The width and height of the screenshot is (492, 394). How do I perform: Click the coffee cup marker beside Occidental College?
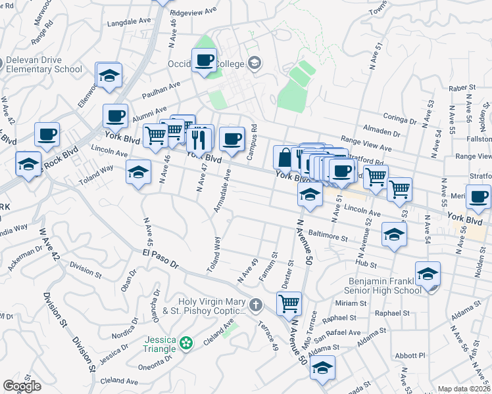[204, 61]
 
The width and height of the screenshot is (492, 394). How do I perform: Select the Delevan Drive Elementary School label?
[43, 64]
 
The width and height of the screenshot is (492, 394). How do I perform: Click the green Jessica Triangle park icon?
[187, 342]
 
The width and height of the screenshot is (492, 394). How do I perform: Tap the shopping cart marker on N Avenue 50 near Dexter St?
[289, 303]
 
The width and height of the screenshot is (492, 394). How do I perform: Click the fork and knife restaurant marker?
[199, 138]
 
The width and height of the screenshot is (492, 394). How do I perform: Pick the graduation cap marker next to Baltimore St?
[394, 234]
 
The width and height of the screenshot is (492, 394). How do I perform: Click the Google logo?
[22, 386]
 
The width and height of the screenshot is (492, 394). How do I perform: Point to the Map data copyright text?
[464, 389]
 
